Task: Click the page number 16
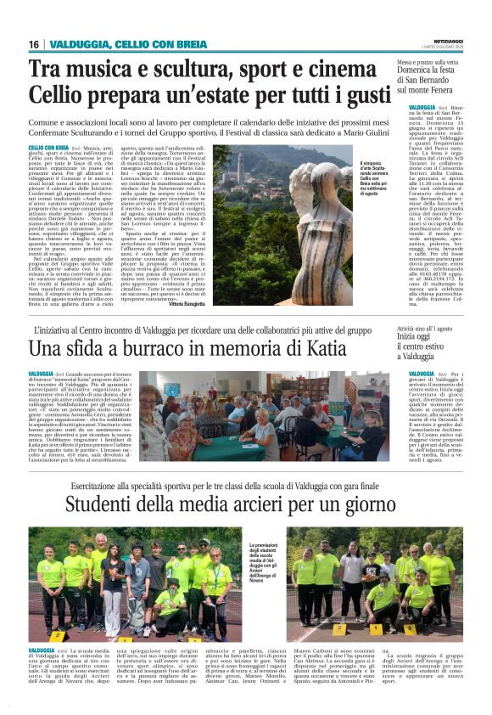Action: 33,44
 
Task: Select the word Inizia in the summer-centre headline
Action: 421,337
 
